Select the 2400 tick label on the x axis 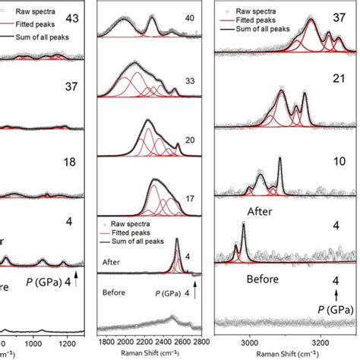169,343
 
